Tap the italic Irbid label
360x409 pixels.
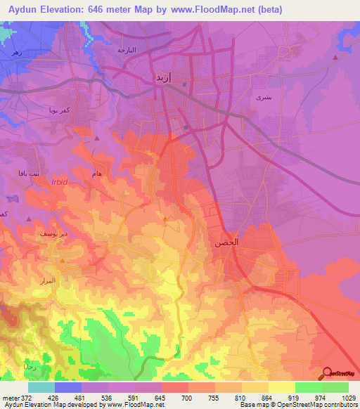click(x=60, y=181)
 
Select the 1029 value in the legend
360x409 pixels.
click(x=348, y=398)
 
